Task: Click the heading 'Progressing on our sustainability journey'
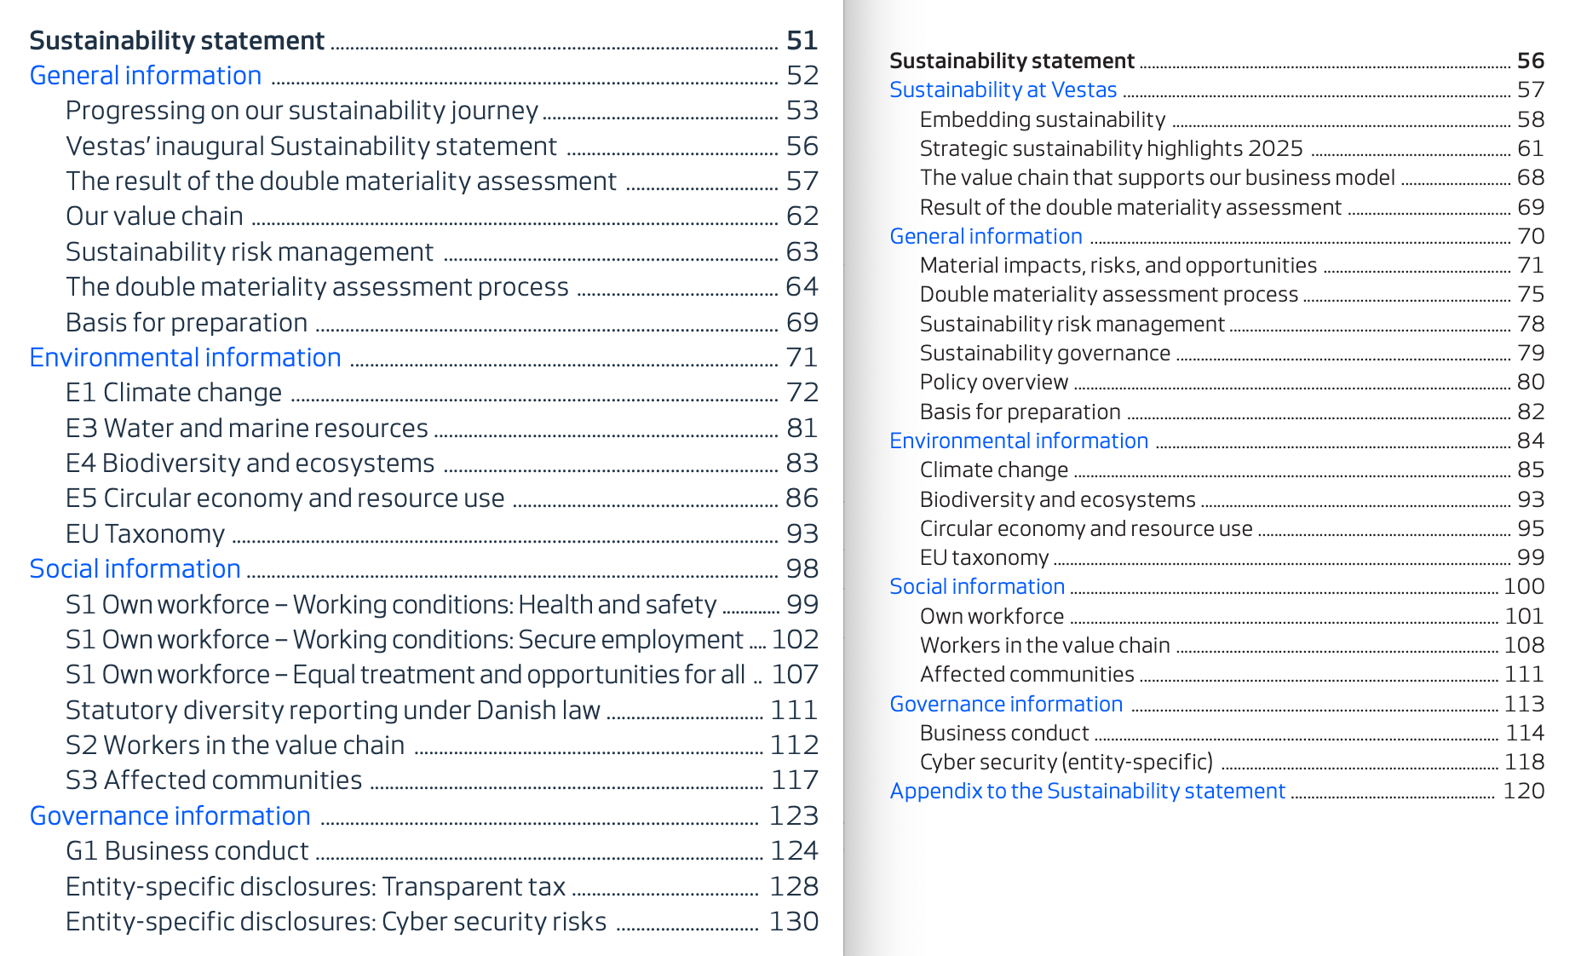(302, 111)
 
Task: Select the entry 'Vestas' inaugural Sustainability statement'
(311, 147)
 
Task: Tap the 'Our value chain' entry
(154, 216)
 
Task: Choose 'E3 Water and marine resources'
(246, 428)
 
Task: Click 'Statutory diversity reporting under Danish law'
(332, 710)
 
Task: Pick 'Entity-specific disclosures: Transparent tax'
(315, 886)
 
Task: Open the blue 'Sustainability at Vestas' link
(1003, 89)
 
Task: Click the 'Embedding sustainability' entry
(1042, 119)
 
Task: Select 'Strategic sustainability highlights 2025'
(1111, 148)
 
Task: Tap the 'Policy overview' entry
(993, 382)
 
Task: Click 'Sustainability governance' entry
(1044, 353)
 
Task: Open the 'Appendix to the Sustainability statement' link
(1087, 791)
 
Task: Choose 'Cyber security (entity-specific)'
(1066, 762)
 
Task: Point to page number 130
(793, 921)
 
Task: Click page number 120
(1523, 791)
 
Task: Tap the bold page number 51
(802, 40)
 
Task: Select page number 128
(793, 886)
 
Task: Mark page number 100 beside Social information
(1523, 586)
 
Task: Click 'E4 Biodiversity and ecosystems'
(250, 463)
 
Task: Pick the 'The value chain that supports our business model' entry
(1157, 177)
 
